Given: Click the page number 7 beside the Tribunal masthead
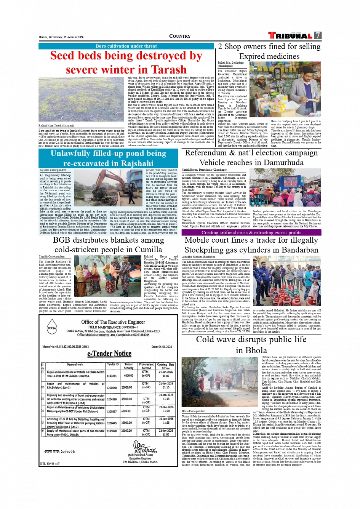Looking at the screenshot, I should (317, 36).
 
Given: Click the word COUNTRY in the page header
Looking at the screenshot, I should (180, 37).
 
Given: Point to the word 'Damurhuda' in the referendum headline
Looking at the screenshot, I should (282, 163).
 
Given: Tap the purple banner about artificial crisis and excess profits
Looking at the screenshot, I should (251, 232).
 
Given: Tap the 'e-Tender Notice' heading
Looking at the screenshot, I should (109, 354).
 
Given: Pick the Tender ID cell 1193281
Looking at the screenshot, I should (112, 376).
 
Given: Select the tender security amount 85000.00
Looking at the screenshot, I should (127, 399).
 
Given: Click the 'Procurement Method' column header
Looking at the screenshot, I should (146, 366).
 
